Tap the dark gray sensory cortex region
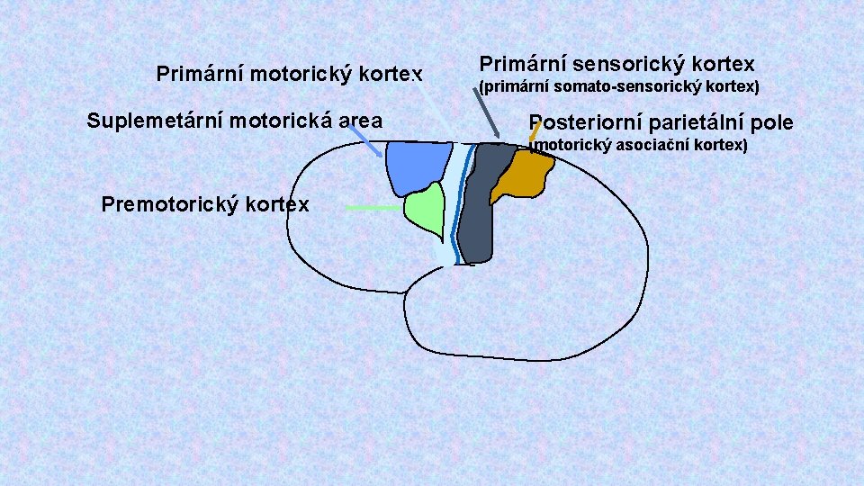tap(477, 207)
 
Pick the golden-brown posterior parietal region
tap(526, 175)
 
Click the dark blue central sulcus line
tap(461, 207)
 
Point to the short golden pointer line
tap(535, 133)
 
